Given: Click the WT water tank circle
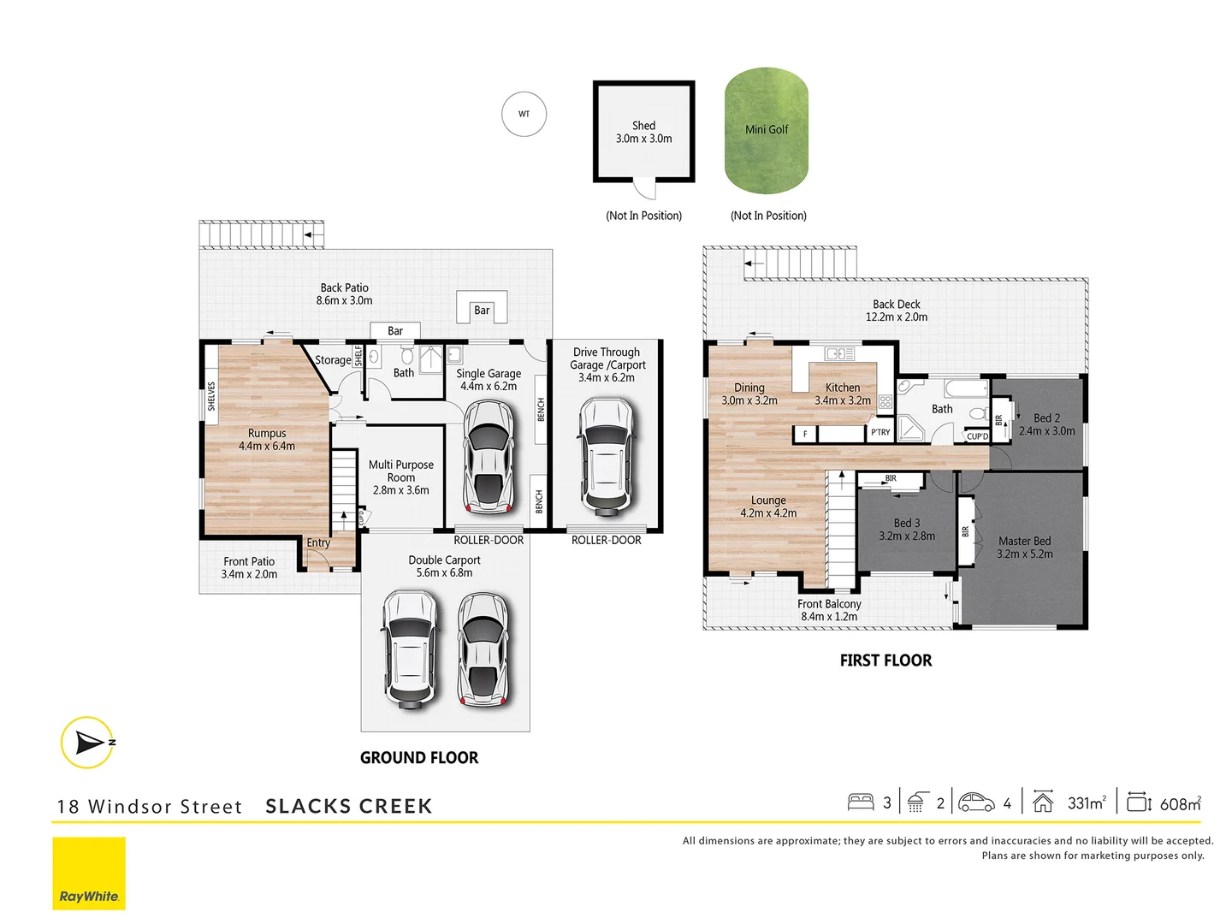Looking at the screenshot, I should click(524, 114).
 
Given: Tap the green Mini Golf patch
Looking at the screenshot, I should click(767, 130).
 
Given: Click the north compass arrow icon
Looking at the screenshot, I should click(88, 742).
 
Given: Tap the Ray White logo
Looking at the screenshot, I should click(89, 874).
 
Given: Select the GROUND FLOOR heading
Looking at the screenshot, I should click(419, 758).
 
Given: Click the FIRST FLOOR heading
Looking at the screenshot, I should click(885, 660).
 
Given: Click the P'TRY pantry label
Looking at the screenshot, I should click(880, 433).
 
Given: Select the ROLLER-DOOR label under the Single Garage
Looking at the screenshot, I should click(489, 540).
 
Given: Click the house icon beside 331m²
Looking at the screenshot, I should click(1042, 802).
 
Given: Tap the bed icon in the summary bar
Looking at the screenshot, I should click(861, 802).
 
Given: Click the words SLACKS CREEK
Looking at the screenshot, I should click(348, 807).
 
